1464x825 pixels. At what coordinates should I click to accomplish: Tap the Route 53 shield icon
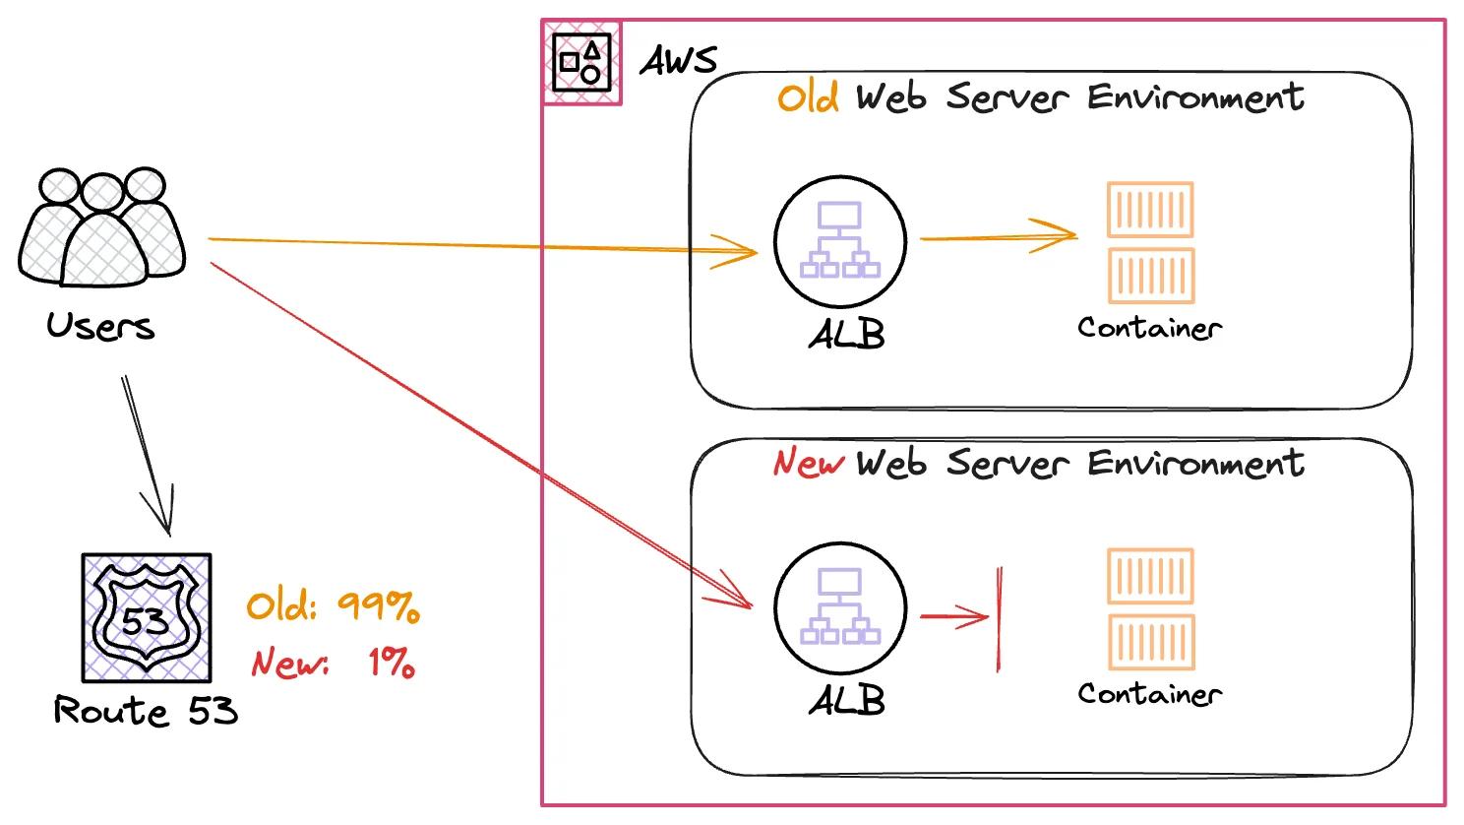coord(146,617)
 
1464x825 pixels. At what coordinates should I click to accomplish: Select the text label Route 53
coord(146,710)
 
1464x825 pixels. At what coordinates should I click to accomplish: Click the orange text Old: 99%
coord(333,606)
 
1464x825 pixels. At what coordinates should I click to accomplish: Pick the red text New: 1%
coord(333,663)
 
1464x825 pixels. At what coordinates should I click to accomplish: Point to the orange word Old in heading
coord(808,97)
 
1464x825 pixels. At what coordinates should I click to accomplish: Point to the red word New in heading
coord(808,462)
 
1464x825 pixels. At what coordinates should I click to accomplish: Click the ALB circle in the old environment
coord(839,242)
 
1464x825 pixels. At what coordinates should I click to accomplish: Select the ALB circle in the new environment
coord(839,608)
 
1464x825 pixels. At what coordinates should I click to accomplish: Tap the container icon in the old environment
coord(1150,242)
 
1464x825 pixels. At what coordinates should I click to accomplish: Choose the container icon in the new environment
coord(1150,608)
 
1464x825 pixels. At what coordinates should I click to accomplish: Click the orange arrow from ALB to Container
coord(998,236)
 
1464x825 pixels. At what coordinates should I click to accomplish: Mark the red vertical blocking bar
coord(999,618)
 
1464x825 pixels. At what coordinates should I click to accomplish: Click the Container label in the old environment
coord(1149,328)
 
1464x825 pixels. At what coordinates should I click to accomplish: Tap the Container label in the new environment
coord(1149,694)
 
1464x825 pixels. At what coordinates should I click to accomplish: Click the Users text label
coord(100,326)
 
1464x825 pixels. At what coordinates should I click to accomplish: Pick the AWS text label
coord(679,61)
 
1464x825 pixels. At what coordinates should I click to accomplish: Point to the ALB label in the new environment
coord(846,701)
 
